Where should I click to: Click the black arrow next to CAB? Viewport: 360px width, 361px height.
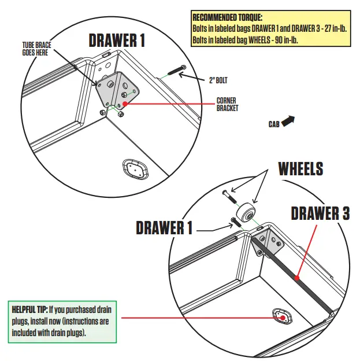[288, 120]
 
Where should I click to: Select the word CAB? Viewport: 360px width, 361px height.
[274, 124]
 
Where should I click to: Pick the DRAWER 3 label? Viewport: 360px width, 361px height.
[320, 213]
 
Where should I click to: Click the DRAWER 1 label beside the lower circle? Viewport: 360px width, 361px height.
[164, 227]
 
